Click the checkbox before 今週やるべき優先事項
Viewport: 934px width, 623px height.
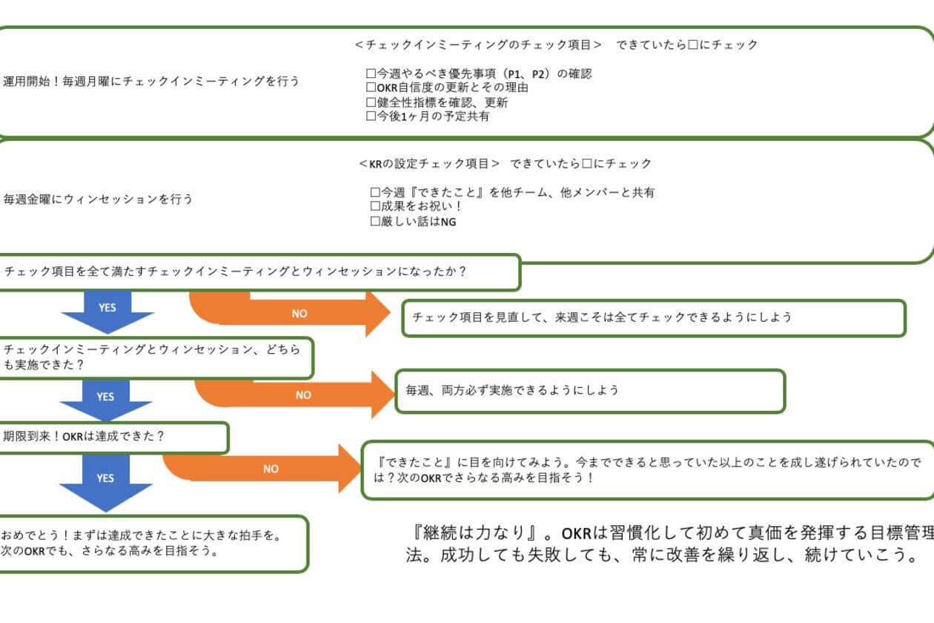click(x=372, y=74)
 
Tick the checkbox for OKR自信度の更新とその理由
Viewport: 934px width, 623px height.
click(x=372, y=88)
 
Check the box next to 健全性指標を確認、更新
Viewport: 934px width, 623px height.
click(x=372, y=102)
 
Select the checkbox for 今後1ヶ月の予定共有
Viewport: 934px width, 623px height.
click(x=372, y=116)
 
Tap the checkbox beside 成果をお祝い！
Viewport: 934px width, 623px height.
click(x=375, y=207)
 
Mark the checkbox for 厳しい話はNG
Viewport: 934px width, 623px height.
click(x=375, y=221)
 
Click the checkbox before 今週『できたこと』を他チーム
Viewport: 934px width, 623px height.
click(x=375, y=193)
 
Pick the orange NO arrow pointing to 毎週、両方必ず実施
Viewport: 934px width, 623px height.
click(x=303, y=395)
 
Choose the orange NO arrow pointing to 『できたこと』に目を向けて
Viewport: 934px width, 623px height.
click(x=271, y=468)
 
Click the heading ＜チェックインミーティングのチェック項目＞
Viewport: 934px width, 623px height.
click(x=478, y=44)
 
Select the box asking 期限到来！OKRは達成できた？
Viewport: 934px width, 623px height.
click(x=111, y=437)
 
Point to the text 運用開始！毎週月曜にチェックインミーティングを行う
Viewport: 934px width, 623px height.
click(x=152, y=81)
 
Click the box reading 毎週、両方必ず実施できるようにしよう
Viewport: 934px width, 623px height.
click(x=590, y=390)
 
